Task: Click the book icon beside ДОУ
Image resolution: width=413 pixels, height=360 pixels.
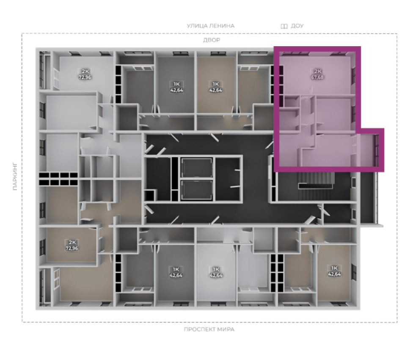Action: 284,26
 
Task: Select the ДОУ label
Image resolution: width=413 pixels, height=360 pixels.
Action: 297,26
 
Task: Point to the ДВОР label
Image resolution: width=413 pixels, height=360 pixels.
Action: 212,40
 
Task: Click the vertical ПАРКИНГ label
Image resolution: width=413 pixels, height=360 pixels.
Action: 15,176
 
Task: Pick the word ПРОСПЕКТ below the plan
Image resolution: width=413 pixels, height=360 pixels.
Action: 199,329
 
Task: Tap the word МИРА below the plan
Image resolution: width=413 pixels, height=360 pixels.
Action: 226,329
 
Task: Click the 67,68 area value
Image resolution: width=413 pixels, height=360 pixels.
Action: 317,77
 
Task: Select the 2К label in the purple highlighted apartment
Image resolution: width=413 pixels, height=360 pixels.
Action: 318,71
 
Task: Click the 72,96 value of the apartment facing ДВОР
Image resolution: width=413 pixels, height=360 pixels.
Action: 85,77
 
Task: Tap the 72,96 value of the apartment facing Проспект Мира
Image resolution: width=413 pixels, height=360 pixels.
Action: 72,248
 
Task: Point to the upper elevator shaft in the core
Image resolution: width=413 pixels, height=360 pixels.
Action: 197,168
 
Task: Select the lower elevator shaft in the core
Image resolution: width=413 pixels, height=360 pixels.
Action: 197,190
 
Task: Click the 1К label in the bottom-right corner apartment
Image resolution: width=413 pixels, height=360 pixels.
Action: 334,268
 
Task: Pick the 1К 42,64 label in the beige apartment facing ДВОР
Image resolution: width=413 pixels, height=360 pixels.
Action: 216,87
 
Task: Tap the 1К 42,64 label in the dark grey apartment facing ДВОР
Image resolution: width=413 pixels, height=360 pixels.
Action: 176,87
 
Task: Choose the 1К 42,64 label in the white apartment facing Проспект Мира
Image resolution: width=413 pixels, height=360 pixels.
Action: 216,272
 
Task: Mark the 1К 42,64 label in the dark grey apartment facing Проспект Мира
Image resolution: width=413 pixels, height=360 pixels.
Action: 176,272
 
